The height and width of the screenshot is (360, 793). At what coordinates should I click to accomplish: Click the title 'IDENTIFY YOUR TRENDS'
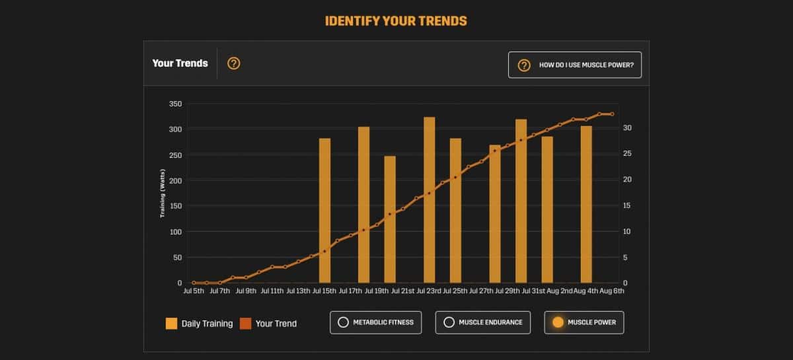(396, 21)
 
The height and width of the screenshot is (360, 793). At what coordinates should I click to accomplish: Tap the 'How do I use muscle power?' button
(574, 65)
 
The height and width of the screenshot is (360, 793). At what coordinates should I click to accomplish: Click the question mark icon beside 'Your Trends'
(233, 63)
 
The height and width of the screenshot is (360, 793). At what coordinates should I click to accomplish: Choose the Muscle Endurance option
(482, 322)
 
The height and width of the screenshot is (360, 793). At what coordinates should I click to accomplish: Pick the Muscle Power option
(584, 322)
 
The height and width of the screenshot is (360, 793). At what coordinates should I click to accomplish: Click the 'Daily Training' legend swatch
(172, 324)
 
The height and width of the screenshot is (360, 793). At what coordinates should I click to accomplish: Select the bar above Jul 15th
(324, 211)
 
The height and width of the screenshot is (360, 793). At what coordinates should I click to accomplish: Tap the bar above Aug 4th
(586, 204)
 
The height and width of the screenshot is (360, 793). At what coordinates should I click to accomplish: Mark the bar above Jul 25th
(455, 211)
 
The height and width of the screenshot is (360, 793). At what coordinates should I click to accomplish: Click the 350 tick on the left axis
(174, 104)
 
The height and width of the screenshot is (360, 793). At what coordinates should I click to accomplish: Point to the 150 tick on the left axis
(174, 206)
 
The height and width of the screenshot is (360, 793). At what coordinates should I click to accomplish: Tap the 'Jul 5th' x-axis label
(194, 291)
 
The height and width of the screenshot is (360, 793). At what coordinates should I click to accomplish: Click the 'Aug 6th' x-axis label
(613, 291)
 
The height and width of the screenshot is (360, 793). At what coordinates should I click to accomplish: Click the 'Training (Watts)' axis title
(163, 194)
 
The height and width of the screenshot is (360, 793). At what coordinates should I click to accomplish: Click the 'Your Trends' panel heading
(180, 63)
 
